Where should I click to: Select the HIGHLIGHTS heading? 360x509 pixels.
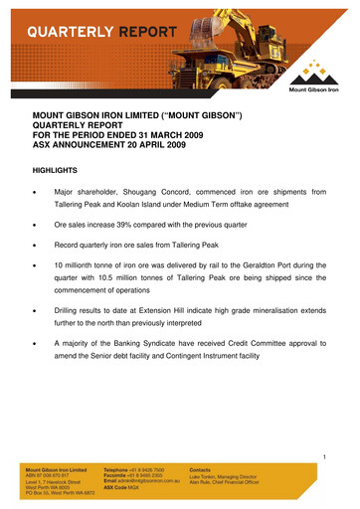(x=61, y=169)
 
